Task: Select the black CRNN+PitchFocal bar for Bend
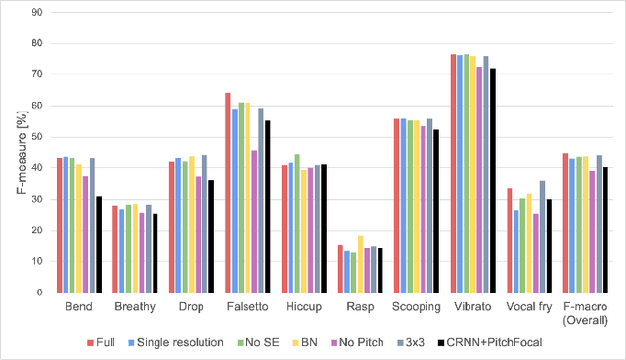tap(99, 245)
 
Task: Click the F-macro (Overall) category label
tap(585, 314)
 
